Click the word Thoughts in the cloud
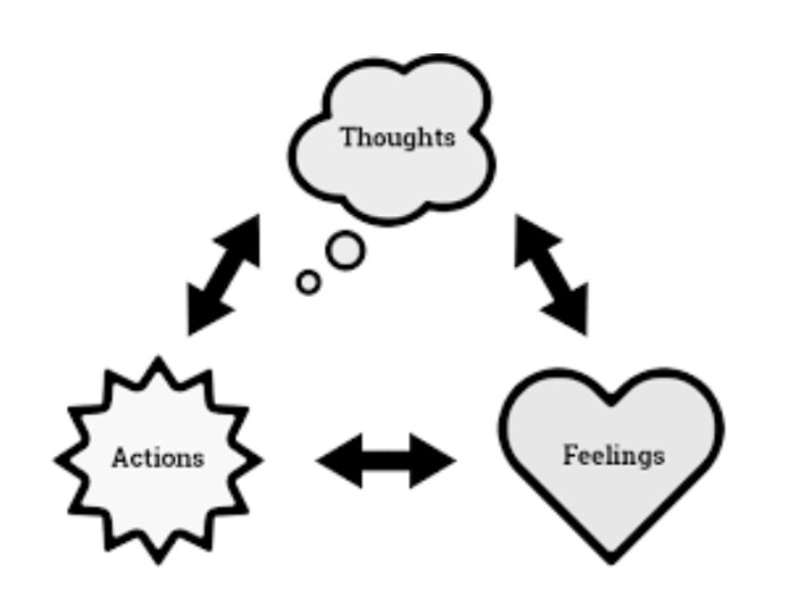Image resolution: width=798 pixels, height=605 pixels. [397, 138]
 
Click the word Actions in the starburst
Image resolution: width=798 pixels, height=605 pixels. [157, 458]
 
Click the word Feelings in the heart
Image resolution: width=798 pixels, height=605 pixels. [614, 456]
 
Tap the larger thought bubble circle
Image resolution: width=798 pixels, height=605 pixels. [346, 250]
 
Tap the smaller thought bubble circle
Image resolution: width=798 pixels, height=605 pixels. [309, 282]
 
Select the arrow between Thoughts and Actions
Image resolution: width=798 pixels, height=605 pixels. [223, 275]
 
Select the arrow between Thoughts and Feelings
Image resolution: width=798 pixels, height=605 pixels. [552, 275]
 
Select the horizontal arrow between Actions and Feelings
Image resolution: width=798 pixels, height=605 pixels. [385, 460]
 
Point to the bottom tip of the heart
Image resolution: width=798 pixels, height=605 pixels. [611, 558]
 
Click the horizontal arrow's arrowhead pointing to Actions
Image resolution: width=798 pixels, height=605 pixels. [337, 460]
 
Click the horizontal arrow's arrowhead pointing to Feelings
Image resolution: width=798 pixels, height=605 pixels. [435, 460]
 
